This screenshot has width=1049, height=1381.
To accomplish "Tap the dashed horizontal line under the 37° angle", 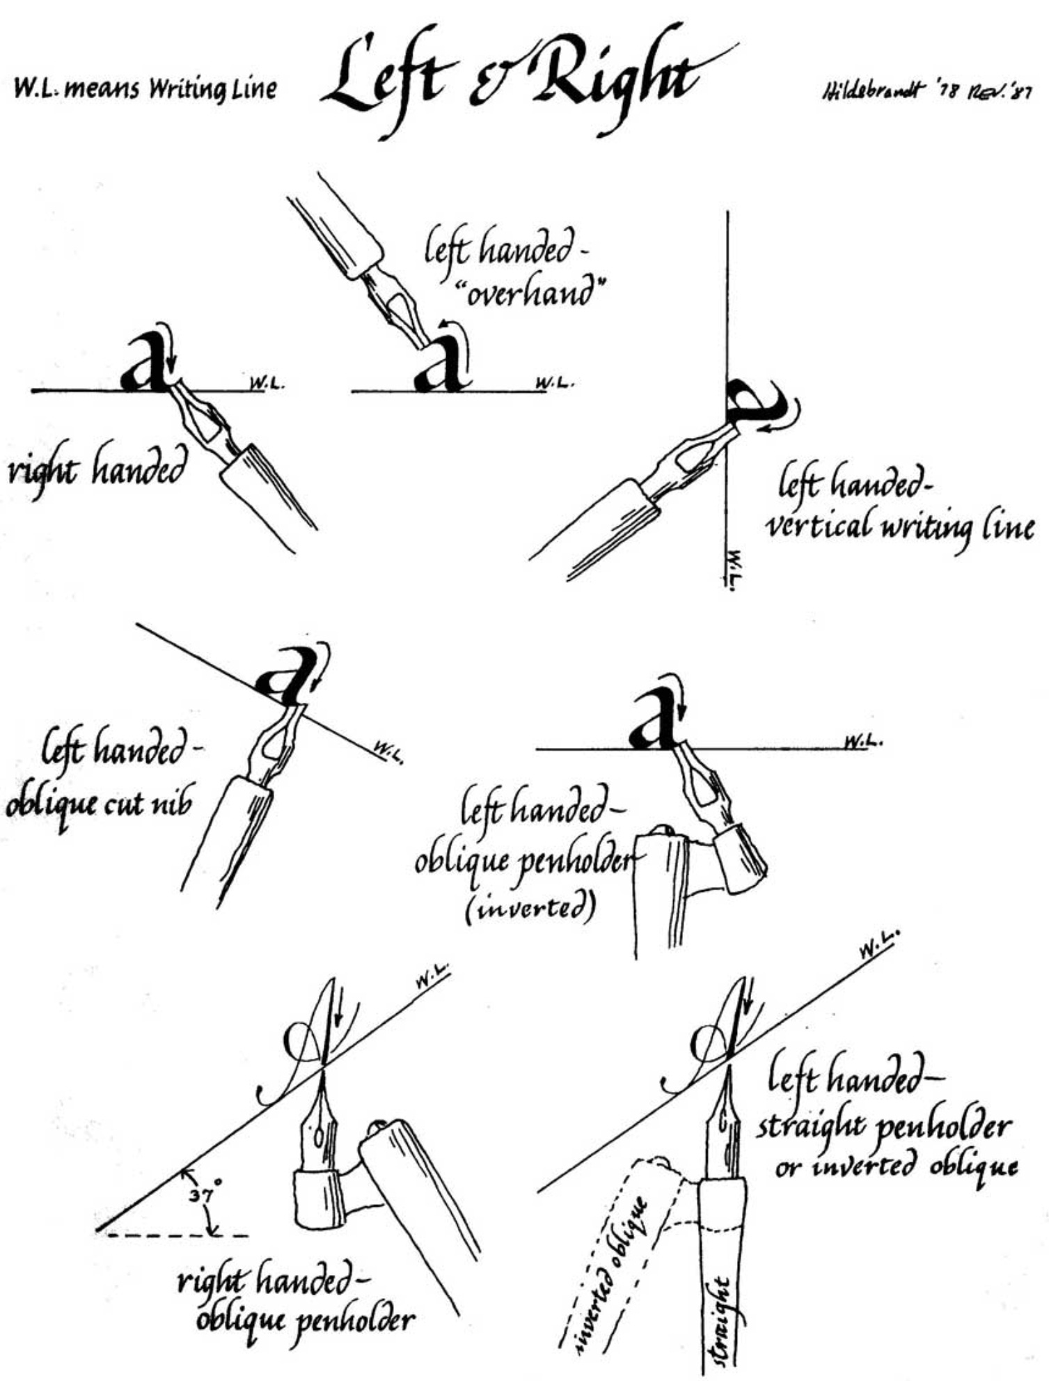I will [x=178, y=1235].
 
